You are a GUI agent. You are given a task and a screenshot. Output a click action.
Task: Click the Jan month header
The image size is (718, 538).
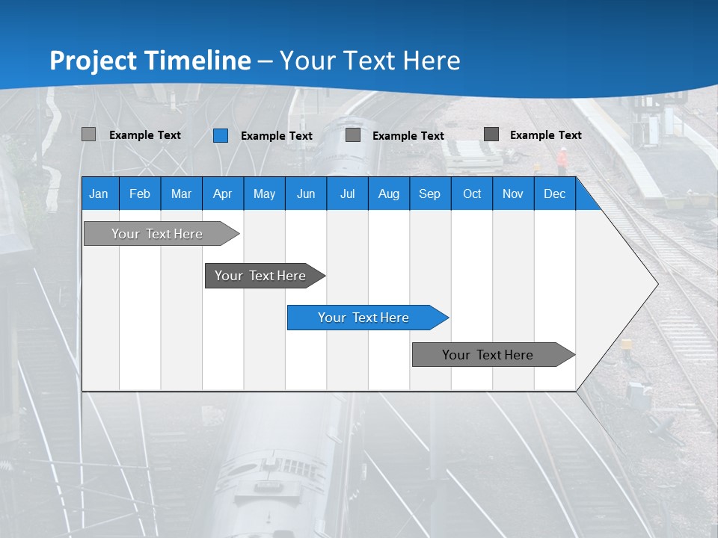pyautogui.click(x=99, y=194)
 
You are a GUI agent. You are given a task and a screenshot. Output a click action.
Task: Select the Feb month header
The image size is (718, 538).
pyautogui.click(x=140, y=194)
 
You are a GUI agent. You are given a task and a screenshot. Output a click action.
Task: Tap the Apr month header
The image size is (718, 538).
pyautogui.click(x=223, y=194)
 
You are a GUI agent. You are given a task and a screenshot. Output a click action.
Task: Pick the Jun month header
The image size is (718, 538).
pyautogui.click(x=306, y=194)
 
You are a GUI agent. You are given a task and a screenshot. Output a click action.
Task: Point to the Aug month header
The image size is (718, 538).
pyautogui.click(x=389, y=194)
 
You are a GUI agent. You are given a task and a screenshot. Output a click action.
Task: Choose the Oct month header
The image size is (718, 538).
pyautogui.click(x=472, y=194)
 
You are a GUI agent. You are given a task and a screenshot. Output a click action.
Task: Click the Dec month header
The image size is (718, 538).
pyautogui.click(x=555, y=194)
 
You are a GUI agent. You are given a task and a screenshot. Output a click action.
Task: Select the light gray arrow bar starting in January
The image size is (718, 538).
pyautogui.click(x=157, y=234)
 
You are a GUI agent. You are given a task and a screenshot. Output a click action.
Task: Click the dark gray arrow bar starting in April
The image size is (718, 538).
pyautogui.click(x=260, y=276)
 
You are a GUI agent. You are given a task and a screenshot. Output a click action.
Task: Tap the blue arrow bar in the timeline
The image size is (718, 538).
pyautogui.click(x=363, y=318)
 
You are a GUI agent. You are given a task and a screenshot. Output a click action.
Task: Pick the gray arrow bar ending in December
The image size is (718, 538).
pyautogui.click(x=488, y=355)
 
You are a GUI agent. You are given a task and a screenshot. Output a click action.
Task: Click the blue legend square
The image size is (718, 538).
pyautogui.click(x=221, y=135)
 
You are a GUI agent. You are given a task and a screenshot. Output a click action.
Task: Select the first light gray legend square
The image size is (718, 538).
pyautogui.click(x=89, y=134)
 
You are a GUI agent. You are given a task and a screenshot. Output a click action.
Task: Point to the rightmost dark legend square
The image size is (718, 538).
pyautogui.click(x=491, y=134)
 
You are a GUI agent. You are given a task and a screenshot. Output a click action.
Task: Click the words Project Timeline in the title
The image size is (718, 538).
pyautogui.click(x=150, y=61)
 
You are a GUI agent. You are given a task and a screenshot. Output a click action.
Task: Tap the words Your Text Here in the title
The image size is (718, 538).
pyautogui.click(x=370, y=61)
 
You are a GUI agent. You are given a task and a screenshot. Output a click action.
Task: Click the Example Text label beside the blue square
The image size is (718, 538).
pyautogui.click(x=277, y=136)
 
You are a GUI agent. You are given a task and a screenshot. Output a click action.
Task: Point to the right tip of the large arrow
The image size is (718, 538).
pyautogui.click(x=657, y=283)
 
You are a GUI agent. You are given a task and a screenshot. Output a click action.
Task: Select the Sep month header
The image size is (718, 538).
pyautogui.click(x=430, y=194)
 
